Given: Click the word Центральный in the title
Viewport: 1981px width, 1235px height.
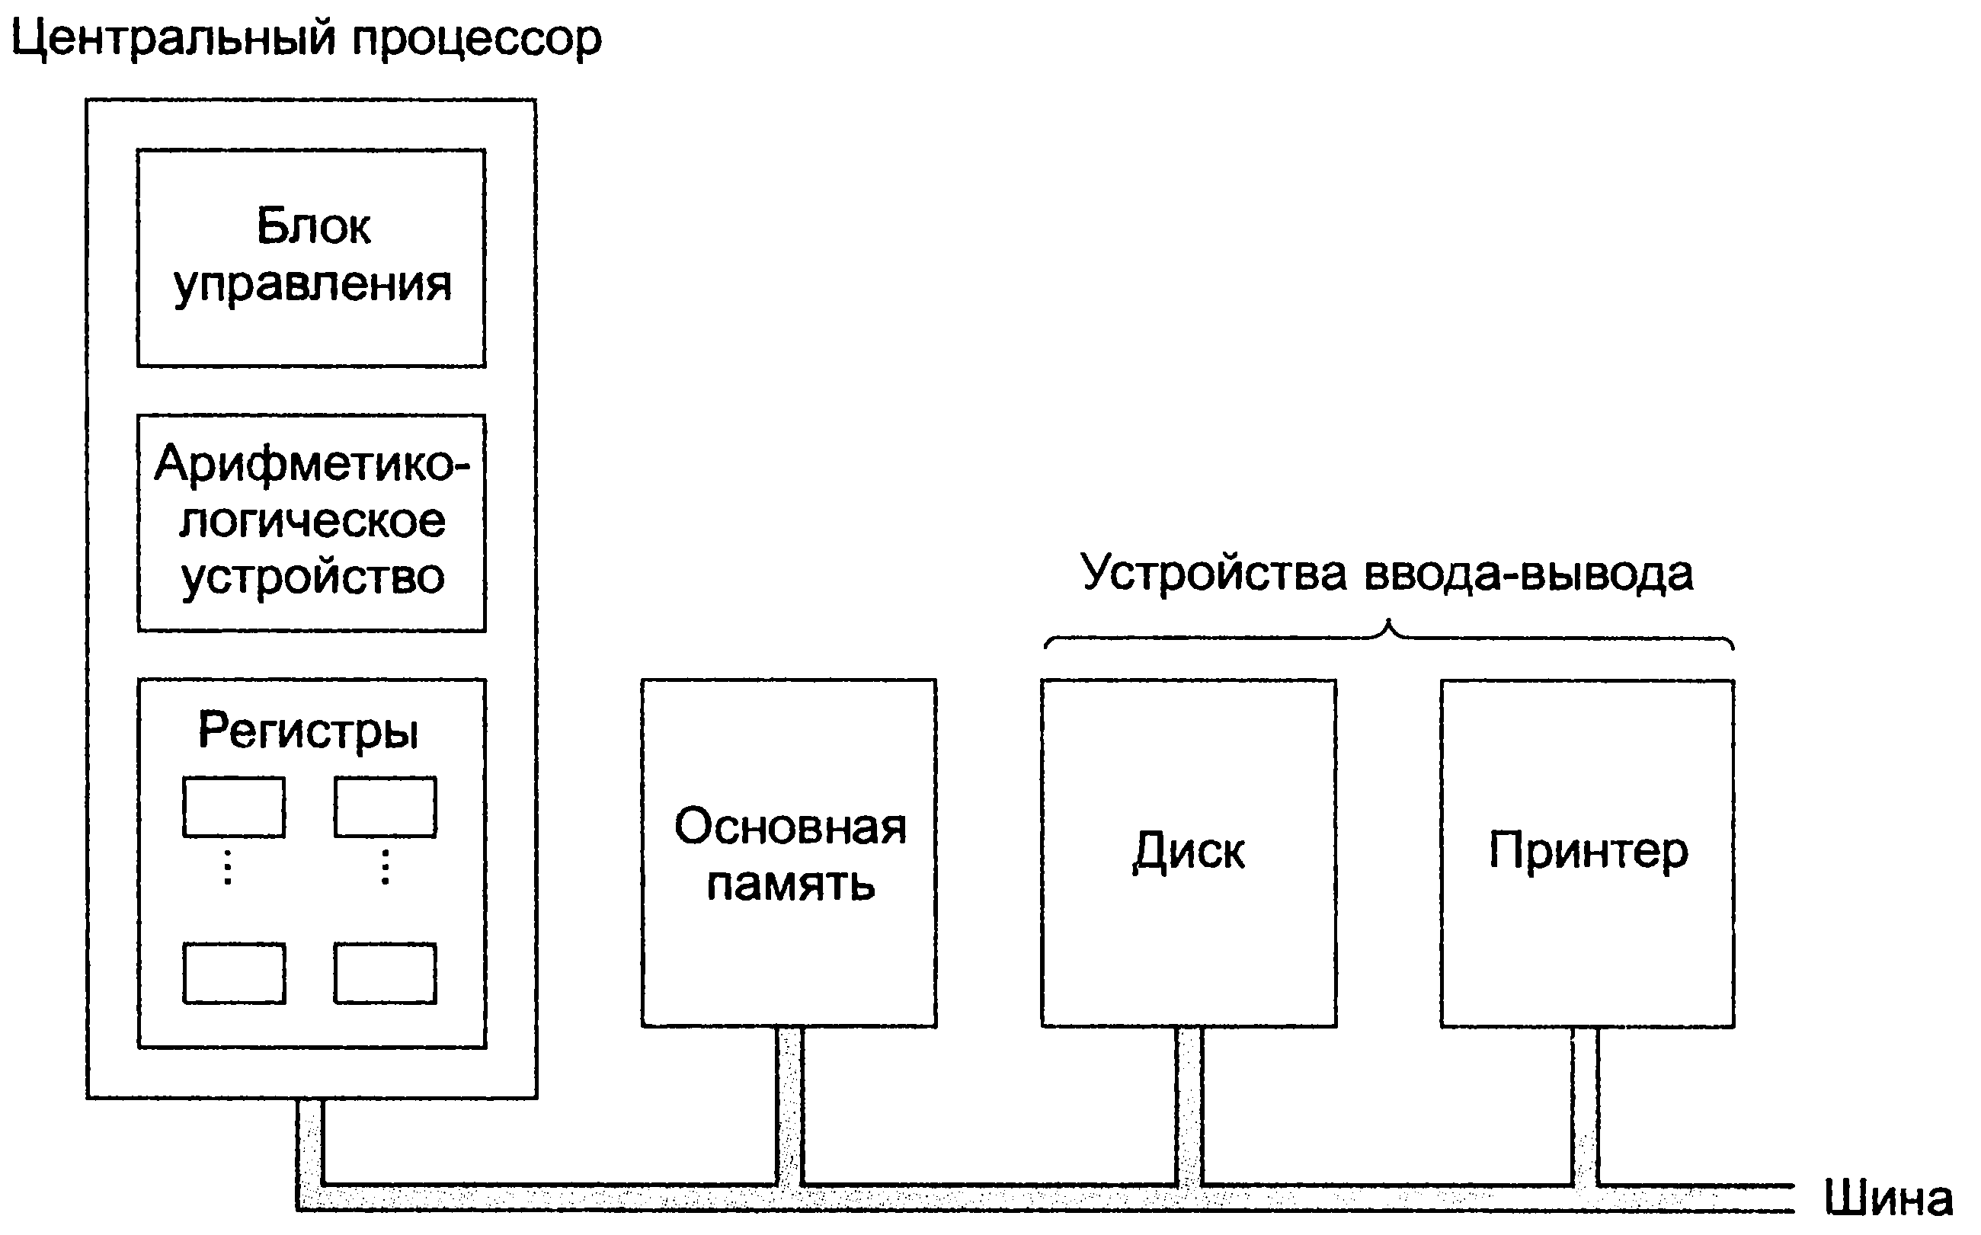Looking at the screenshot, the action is point(173,39).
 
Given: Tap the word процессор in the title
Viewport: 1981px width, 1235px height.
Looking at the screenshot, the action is point(477,41).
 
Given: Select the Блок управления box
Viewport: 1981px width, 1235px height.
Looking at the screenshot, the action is point(311,258).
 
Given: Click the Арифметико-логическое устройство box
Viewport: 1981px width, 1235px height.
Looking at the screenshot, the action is point(311,523).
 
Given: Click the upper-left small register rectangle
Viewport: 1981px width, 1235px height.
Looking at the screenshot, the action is point(235,808).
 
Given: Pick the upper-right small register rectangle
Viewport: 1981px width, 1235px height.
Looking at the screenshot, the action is point(386,808).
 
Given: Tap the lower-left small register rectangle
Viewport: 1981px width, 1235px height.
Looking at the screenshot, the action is point(235,974).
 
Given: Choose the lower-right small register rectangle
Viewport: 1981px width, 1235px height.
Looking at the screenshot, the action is point(386,974).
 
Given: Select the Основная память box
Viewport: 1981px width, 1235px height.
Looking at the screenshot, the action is point(789,853).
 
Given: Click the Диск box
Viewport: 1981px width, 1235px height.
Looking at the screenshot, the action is point(1189,853).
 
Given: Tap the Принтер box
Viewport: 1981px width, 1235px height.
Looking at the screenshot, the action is point(1588,853).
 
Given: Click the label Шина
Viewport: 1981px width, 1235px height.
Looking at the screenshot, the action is point(1889,1199).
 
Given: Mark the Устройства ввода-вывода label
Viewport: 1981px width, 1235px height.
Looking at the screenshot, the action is point(1387,574).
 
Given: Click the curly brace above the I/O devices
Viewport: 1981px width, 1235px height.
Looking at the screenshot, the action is point(1390,635).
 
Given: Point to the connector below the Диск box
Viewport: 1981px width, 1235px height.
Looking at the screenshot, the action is point(1189,1107).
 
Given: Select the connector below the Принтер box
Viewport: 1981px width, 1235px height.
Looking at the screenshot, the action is point(1586,1107).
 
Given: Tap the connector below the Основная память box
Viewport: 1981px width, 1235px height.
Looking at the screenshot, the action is point(790,1107).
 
